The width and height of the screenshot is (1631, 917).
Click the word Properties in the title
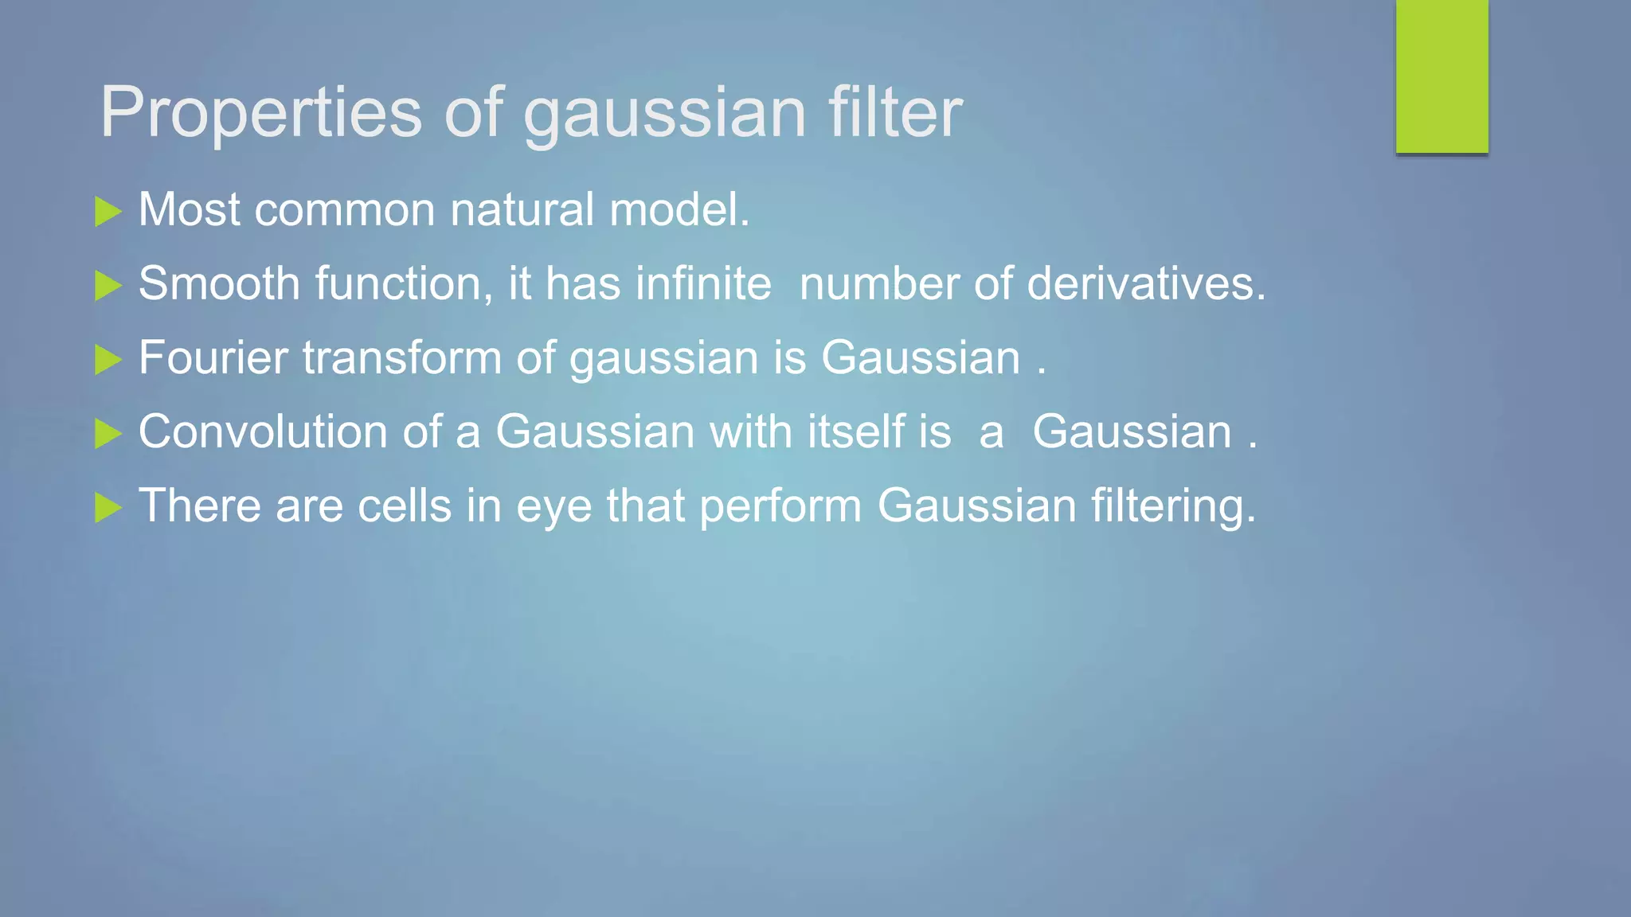point(260,113)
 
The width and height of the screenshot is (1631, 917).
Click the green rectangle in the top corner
point(1441,76)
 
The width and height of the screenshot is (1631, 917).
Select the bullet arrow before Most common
point(108,212)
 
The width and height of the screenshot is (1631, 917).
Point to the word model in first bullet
point(679,210)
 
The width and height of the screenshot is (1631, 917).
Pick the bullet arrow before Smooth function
point(108,286)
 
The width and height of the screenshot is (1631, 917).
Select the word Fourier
point(213,357)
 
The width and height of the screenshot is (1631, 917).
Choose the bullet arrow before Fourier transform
point(108,360)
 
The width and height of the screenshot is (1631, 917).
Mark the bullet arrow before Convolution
point(108,434)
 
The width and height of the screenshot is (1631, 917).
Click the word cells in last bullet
point(404,506)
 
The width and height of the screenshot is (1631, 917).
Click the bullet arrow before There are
point(108,508)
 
